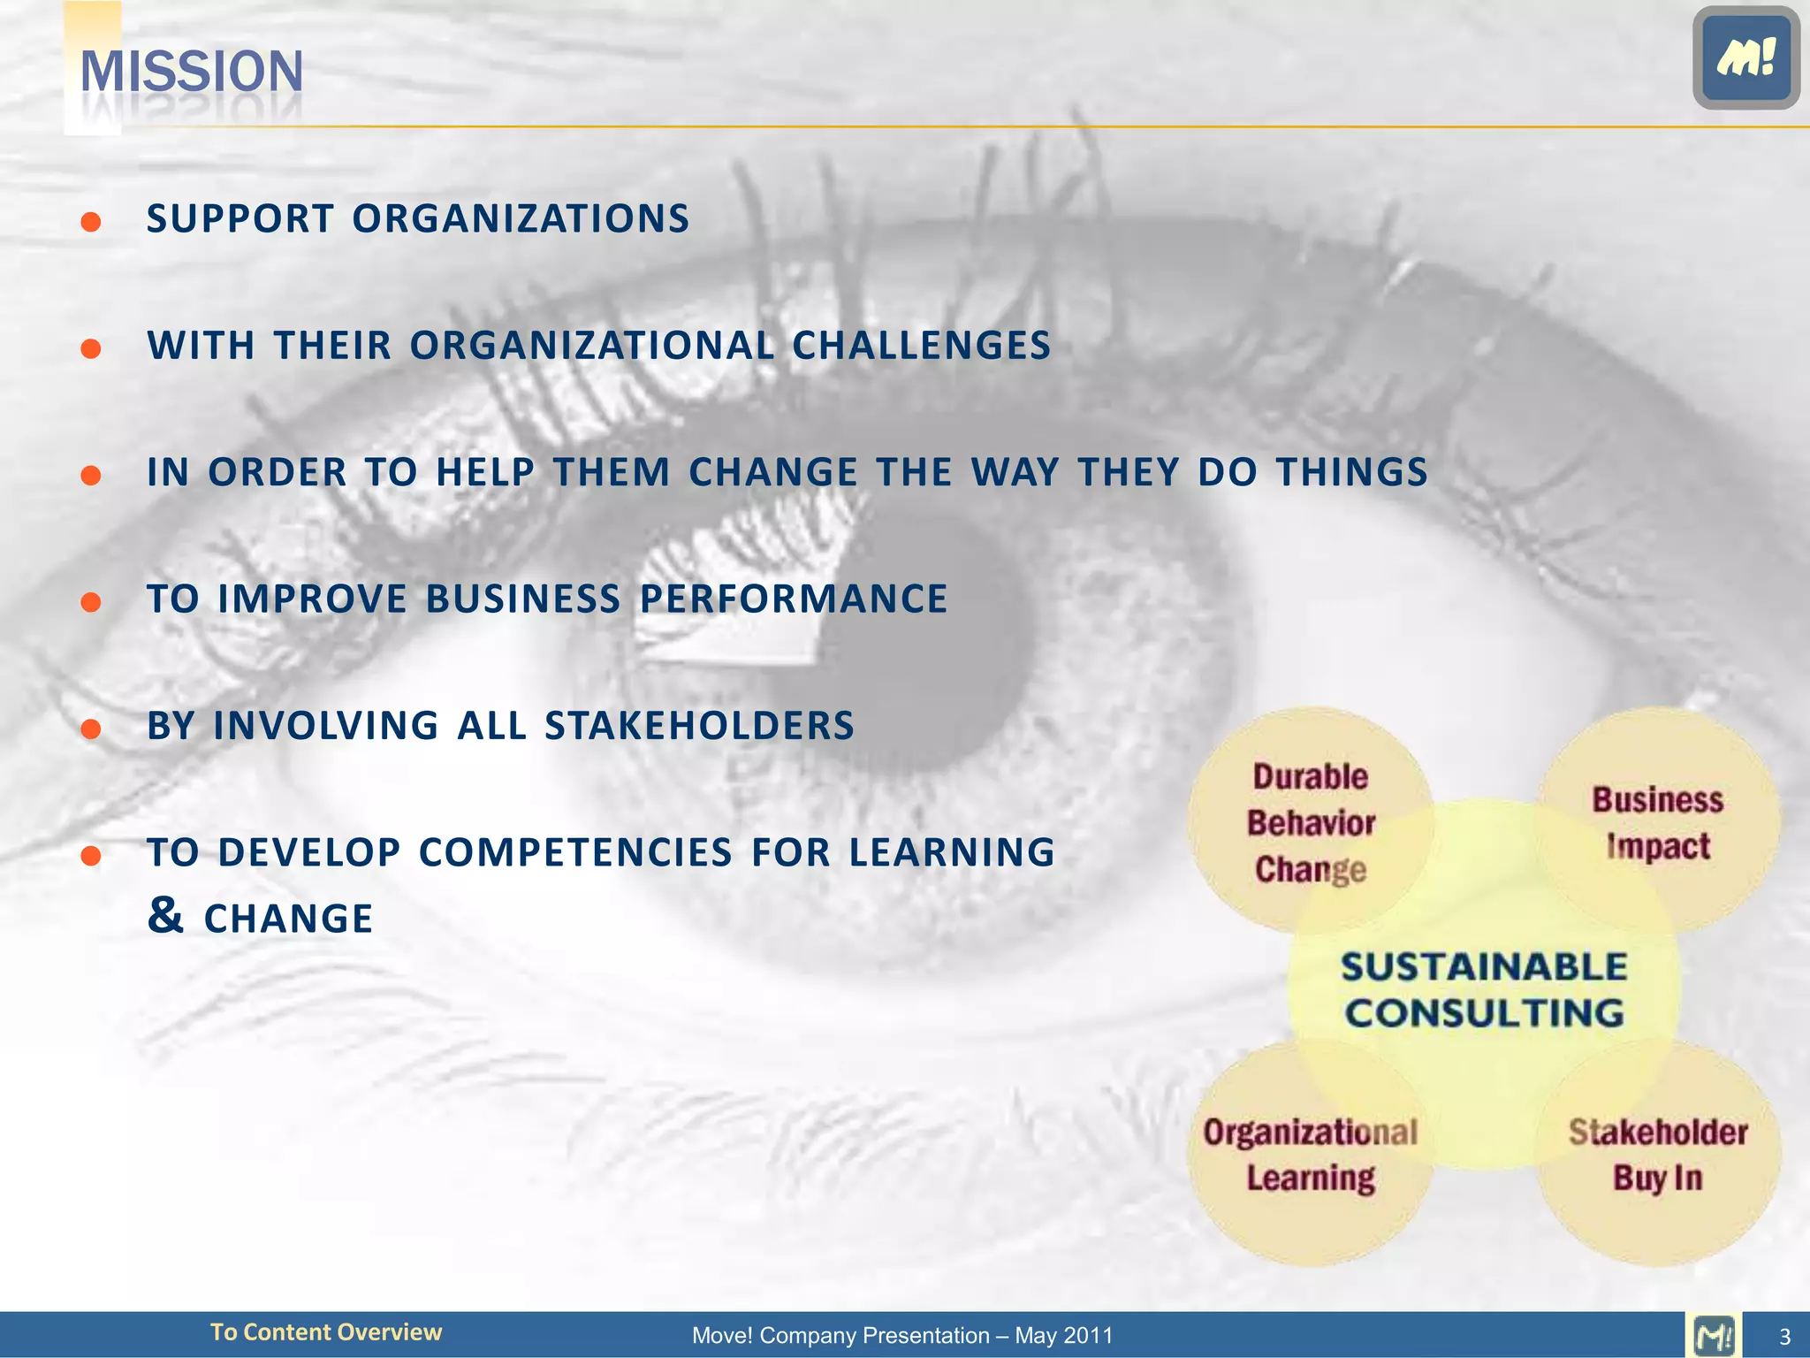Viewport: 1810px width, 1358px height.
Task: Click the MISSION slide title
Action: [x=192, y=72]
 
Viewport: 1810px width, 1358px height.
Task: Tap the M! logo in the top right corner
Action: [x=1745, y=58]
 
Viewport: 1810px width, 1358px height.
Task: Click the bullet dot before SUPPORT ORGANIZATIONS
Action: [x=90, y=221]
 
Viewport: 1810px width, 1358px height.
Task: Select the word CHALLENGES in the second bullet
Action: [x=921, y=346]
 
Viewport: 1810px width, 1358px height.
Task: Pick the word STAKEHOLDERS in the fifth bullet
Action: [x=699, y=726]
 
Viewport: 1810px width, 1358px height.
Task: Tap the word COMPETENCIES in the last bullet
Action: [x=575, y=852]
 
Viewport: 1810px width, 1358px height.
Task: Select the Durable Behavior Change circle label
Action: [x=1310, y=823]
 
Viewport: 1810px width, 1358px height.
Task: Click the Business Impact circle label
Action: [x=1657, y=823]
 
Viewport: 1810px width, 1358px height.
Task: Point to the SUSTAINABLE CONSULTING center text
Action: [x=1484, y=990]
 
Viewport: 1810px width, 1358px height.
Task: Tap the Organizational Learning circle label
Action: [x=1310, y=1155]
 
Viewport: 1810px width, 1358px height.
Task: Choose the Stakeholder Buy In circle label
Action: [x=1657, y=1155]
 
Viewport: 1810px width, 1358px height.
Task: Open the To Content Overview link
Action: [x=325, y=1332]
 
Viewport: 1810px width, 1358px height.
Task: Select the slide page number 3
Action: [x=1784, y=1336]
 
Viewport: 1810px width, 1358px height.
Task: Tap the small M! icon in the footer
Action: [x=1714, y=1335]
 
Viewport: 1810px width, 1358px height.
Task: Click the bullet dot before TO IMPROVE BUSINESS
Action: [x=90, y=602]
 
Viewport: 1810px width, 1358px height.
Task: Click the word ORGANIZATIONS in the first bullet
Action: [x=521, y=219]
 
